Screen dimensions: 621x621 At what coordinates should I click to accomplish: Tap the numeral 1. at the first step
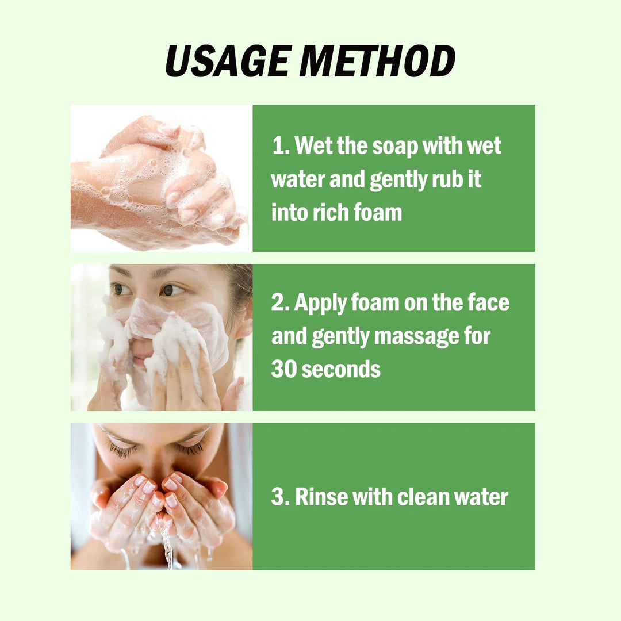280,146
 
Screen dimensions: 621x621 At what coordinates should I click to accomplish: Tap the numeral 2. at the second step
280,303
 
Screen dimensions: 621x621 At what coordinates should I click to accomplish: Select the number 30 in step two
283,369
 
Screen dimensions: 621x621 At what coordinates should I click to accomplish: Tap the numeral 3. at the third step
280,497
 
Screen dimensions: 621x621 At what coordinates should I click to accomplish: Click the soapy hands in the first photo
161,178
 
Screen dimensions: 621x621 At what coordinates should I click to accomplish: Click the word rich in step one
328,213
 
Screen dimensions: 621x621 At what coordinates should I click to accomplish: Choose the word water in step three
481,497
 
